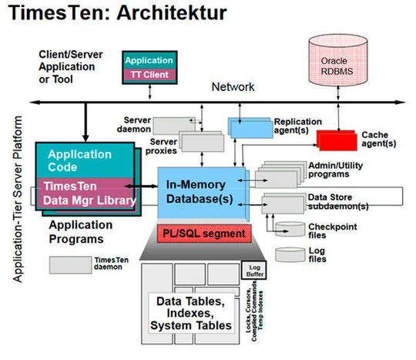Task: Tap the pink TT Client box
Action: point(149,74)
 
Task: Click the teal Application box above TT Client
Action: point(149,60)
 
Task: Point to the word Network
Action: point(233,86)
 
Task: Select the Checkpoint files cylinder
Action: point(289,230)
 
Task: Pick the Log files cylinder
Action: point(289,255)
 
